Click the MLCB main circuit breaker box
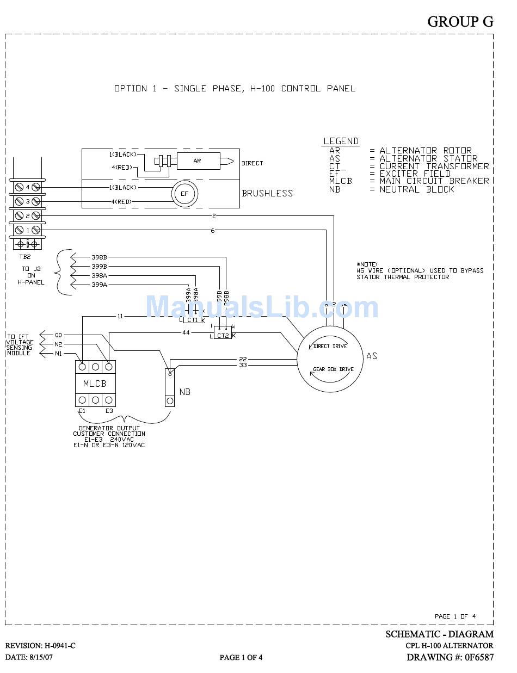[95, 384]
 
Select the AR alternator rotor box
[197, 161]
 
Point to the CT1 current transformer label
[193, 320]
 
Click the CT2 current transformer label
[223, 336]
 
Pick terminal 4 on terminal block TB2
[27, 187]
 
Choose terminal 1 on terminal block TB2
[27, 230]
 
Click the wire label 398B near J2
[99, 257]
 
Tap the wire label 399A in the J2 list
[99, 285]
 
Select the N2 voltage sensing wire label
[58, 344]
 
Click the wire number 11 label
[120, 316]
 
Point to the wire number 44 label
[186, 332]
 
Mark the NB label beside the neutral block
[184, 392]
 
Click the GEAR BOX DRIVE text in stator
[333, 369]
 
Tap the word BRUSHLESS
[267, 193]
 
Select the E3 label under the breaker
[109, 411]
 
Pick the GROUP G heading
[460, 21]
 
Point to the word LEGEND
[341, 141]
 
